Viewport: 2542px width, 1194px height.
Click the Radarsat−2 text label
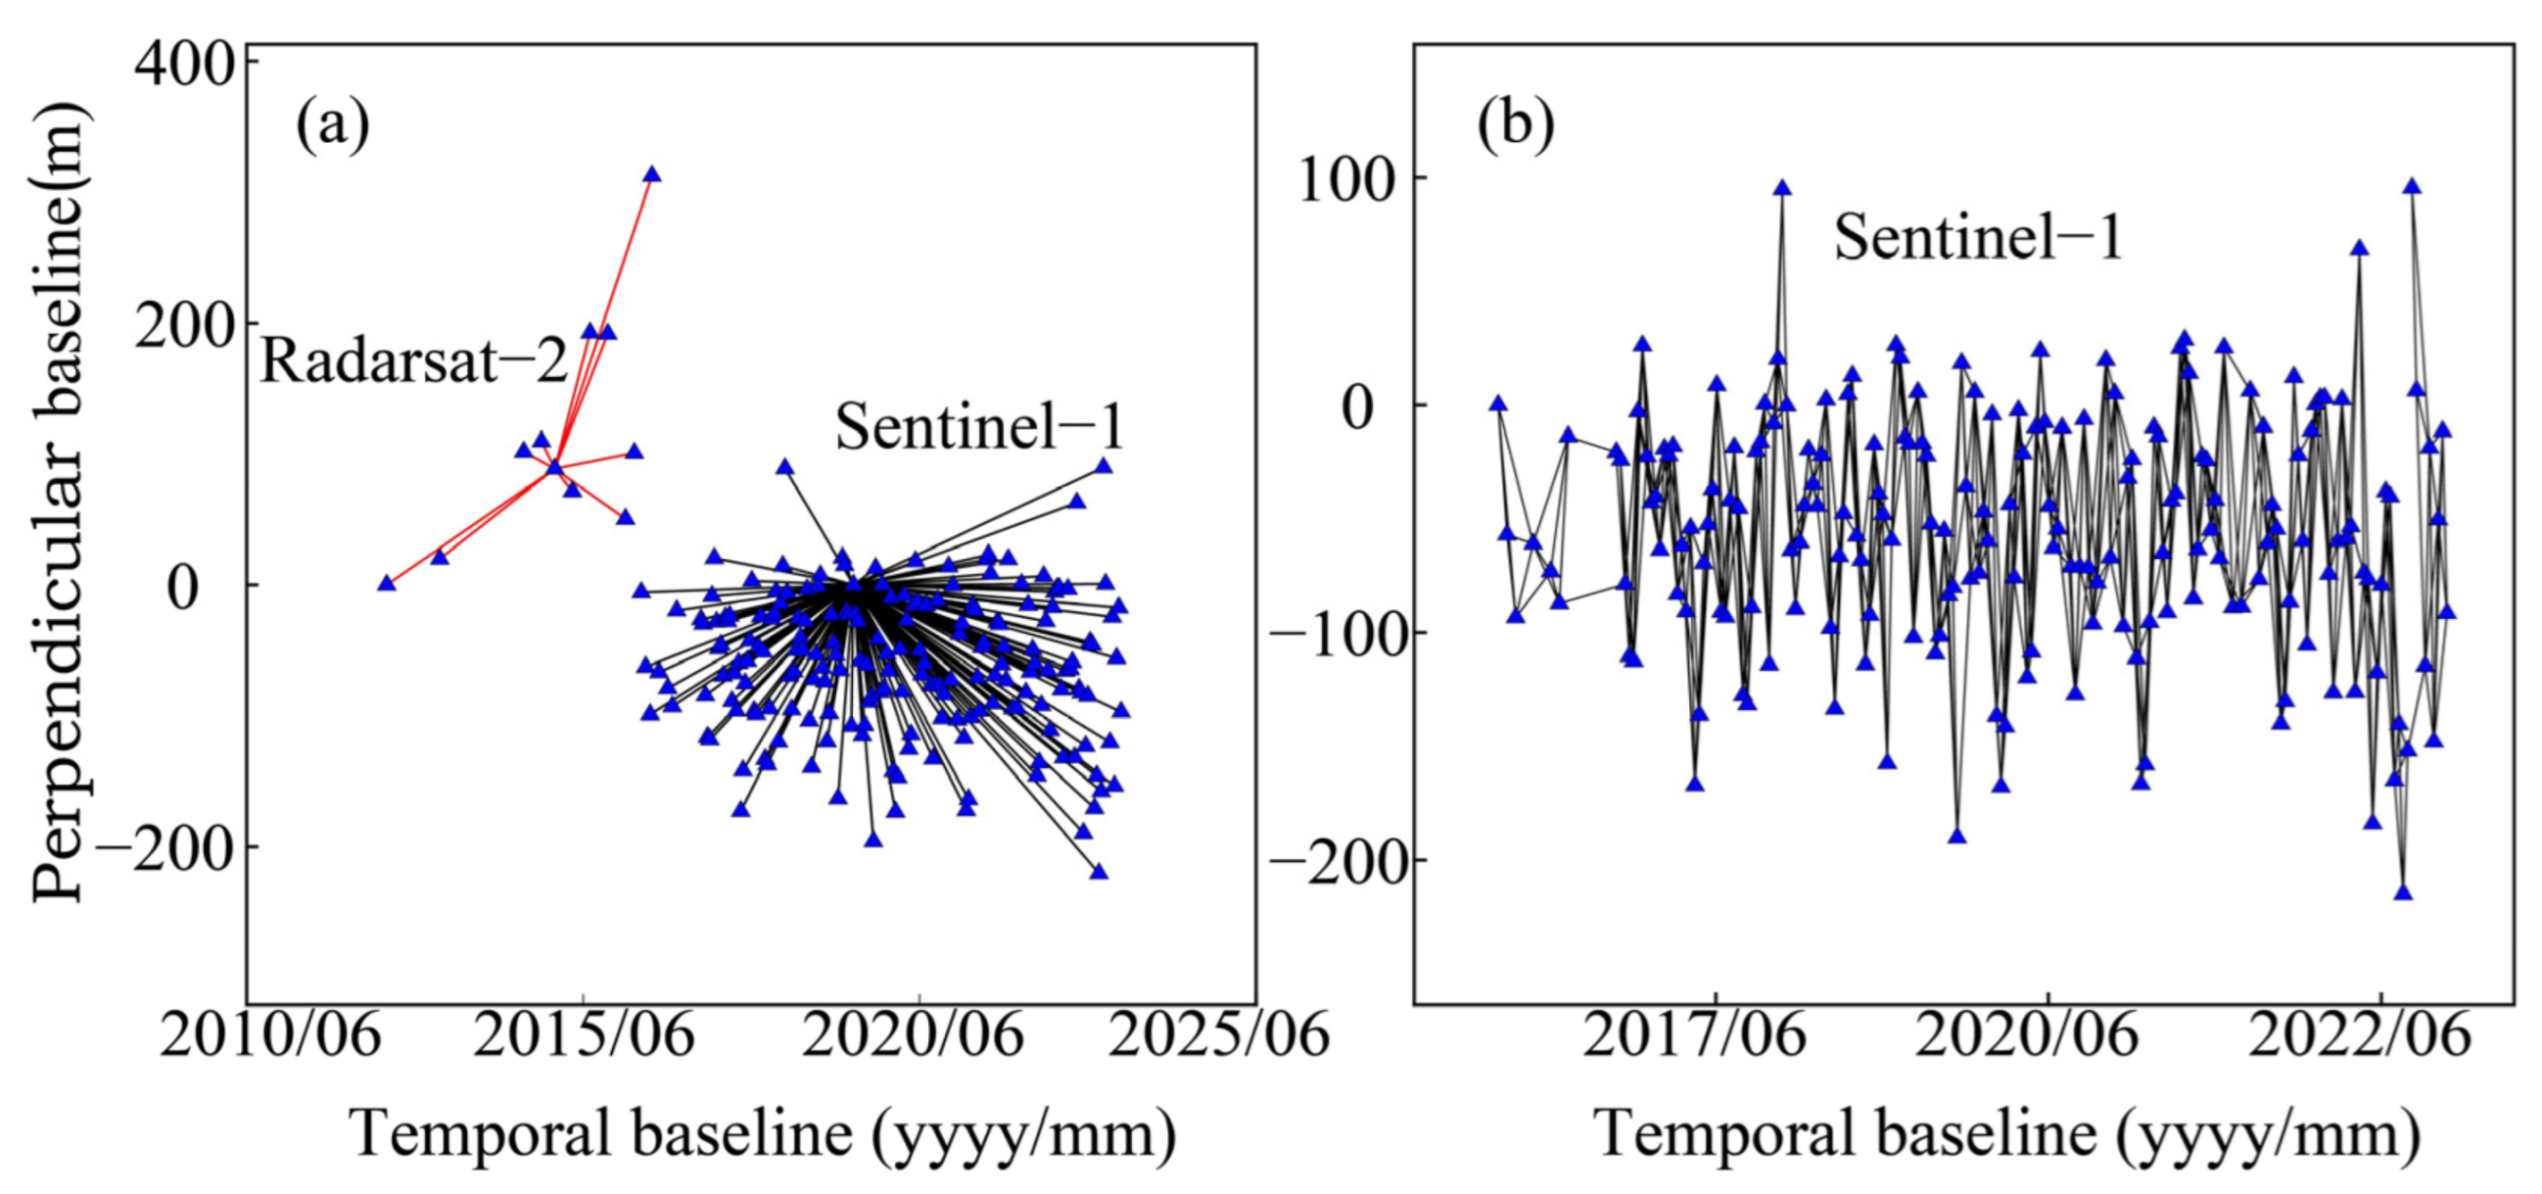[x=414, y=361]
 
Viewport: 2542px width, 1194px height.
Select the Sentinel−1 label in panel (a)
[x=979, y=428]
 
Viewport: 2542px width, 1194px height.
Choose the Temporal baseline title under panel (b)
[x=2007, y=1135]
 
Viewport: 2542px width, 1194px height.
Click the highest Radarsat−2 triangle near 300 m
[x=651, y=174]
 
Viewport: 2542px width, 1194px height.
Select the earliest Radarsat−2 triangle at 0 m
[x=387, y=583]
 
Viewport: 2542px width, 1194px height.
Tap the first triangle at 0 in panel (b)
[x=1498, y=404]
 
